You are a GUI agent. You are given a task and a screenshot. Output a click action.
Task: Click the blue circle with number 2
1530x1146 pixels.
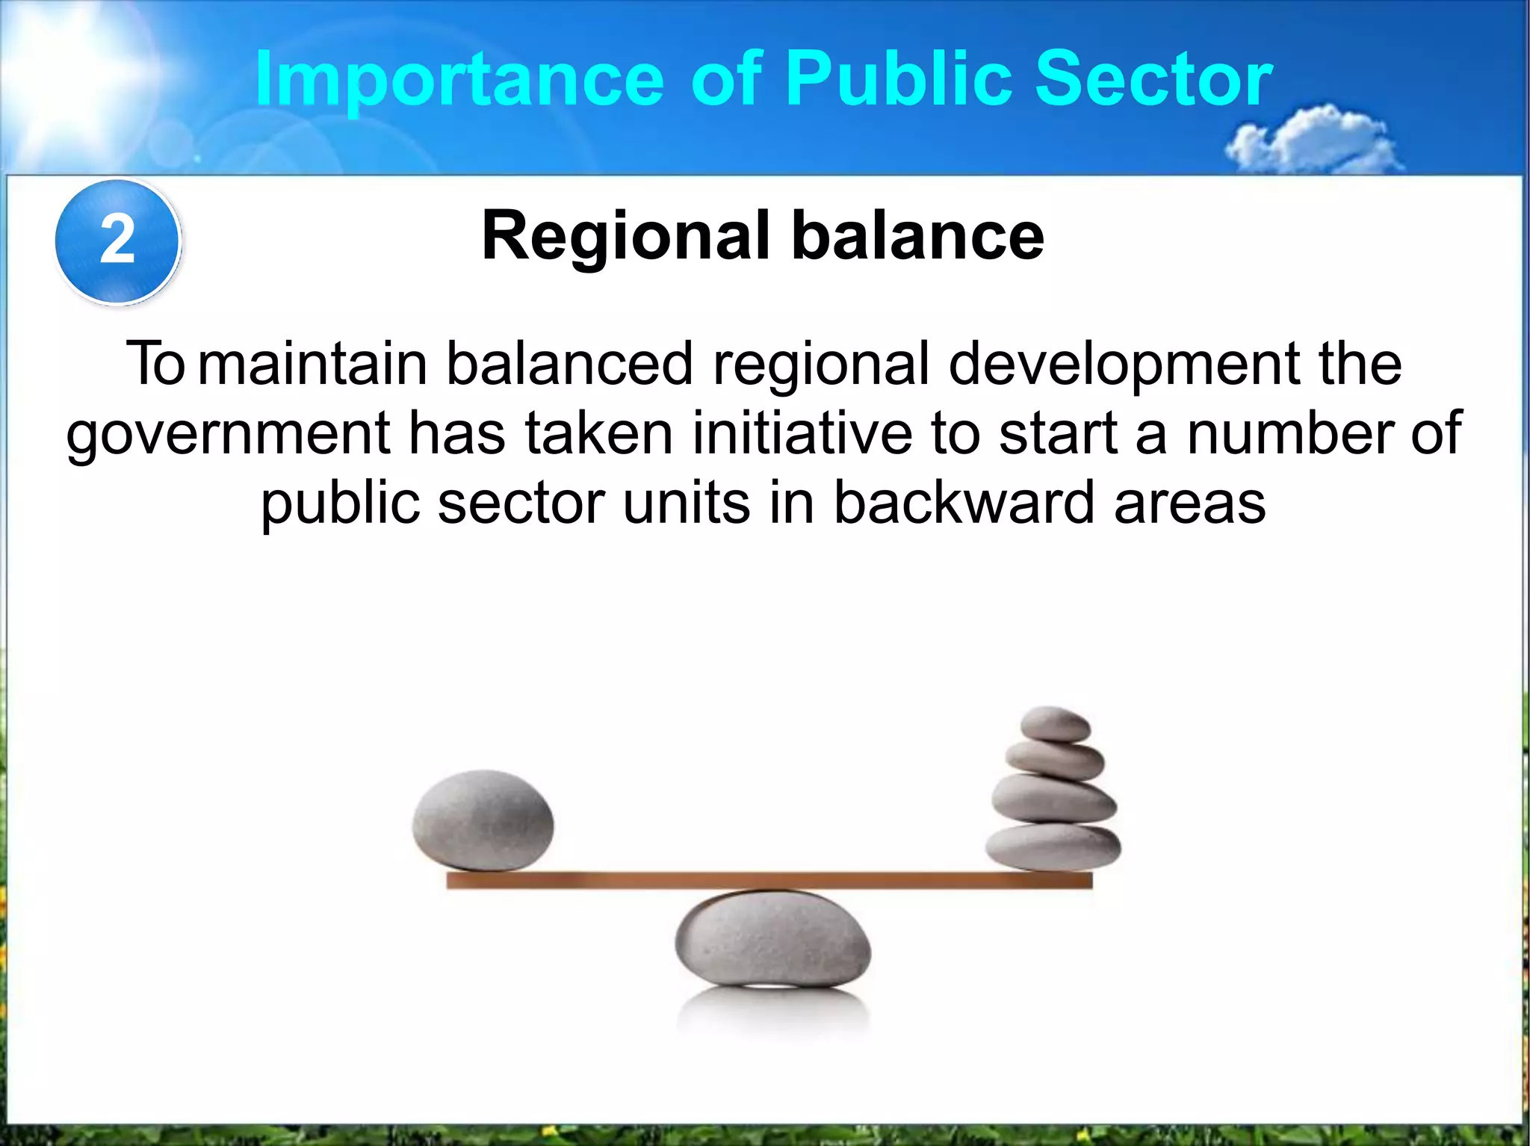tap(118, 241)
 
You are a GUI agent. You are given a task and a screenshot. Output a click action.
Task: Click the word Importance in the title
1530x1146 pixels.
tap(459, 80)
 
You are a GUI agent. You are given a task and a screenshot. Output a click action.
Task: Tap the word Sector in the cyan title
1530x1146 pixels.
tap(1153, 78)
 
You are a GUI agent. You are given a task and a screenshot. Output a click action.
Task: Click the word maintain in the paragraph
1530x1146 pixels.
tap(312, 365)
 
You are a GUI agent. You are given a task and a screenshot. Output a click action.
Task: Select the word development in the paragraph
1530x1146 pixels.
tap(1124, 365)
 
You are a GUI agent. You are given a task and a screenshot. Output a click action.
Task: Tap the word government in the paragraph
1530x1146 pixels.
tap(228, 435)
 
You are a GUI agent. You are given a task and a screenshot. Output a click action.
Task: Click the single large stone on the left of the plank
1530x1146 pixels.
tap(483, 820)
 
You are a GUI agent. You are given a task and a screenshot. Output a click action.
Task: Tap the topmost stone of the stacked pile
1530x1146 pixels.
tap(1055, 724)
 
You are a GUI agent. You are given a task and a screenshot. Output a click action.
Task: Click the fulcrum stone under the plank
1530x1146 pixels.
tap(773, 939)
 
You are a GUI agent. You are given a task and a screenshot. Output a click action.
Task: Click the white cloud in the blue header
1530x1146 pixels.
tap(1315, 142)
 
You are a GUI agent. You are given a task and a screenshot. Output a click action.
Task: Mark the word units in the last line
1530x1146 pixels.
tap(686, 503)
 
